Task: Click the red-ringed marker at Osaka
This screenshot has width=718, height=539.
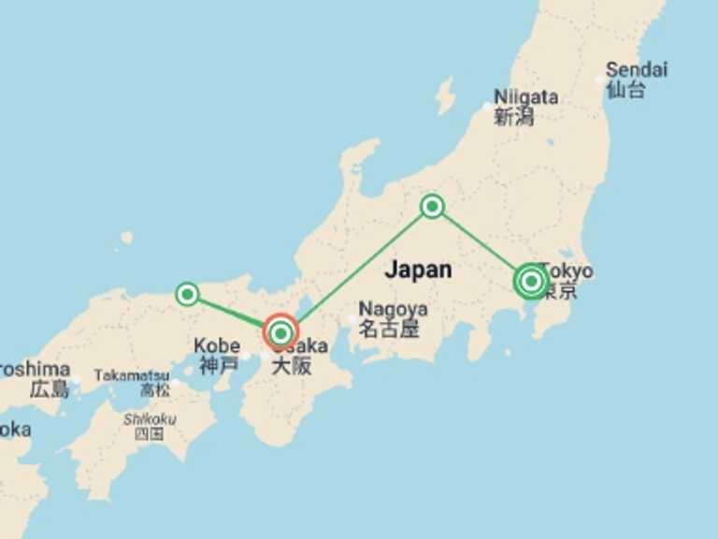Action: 281,332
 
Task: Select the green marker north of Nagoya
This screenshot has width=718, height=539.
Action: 432,206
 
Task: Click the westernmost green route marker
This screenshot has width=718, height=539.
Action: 188,294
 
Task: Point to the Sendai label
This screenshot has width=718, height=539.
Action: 636,69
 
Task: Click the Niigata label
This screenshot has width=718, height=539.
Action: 525,96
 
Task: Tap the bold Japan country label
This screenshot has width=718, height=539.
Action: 418,269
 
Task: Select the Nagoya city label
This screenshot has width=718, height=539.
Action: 393,309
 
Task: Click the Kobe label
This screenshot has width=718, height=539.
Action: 217,345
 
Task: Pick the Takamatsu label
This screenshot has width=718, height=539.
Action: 132,375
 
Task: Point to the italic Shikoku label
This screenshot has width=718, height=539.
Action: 149,419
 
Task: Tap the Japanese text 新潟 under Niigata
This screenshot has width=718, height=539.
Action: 513,116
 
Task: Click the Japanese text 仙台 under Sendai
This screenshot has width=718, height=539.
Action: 625,90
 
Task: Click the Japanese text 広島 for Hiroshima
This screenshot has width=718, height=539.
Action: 49,389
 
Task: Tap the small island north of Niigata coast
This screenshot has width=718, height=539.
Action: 445,95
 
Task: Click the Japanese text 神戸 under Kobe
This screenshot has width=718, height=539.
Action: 217,365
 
